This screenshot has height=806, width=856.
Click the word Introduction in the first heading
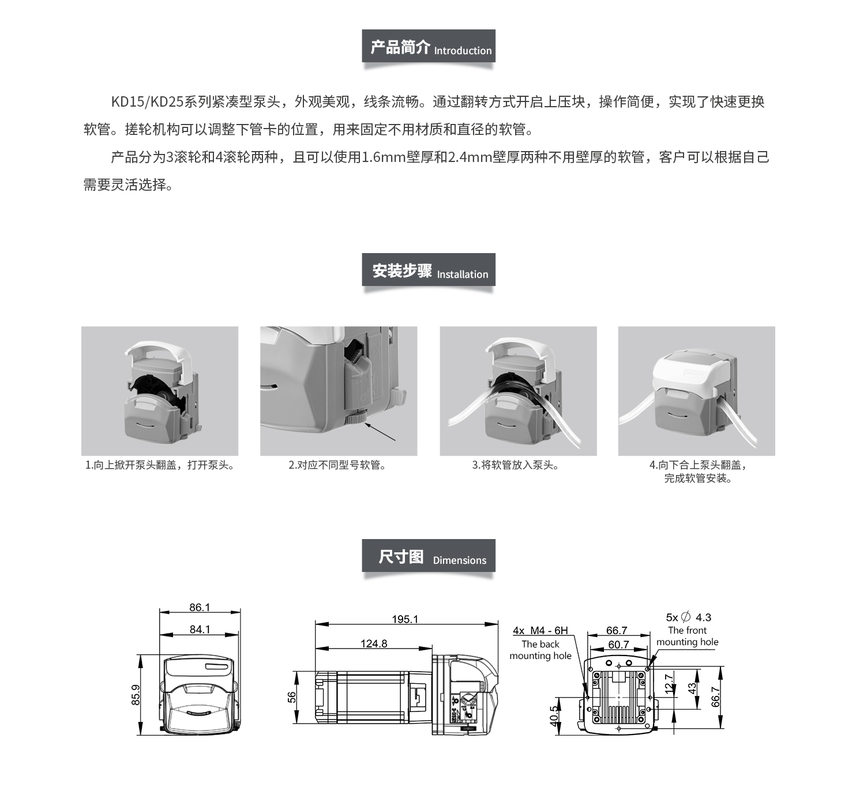[463, 51]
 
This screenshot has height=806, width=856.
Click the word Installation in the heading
[463, 274]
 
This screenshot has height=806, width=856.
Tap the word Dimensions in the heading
[460, 560]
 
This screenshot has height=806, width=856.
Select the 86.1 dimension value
[200, 607]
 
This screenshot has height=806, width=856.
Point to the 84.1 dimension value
[200, 629]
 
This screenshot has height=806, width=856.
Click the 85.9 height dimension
[136, 695]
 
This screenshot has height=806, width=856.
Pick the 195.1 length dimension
[405, 619]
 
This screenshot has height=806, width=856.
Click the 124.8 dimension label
[374, 643]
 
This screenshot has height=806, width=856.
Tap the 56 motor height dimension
[292, 697]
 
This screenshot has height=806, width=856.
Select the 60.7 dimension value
[618, 645]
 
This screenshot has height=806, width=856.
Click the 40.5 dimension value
[554, 717]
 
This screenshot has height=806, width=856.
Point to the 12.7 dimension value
[669, 684]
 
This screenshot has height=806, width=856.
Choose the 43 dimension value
[692, 688]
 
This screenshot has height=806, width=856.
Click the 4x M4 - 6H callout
[540, 631]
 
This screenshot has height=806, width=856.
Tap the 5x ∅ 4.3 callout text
[688, 617]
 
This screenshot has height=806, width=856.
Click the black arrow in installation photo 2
[380, 432]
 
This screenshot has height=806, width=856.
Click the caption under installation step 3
[516, 465]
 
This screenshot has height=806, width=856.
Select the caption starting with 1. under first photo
[160, 465]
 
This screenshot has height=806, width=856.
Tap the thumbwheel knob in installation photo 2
[355, 417]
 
